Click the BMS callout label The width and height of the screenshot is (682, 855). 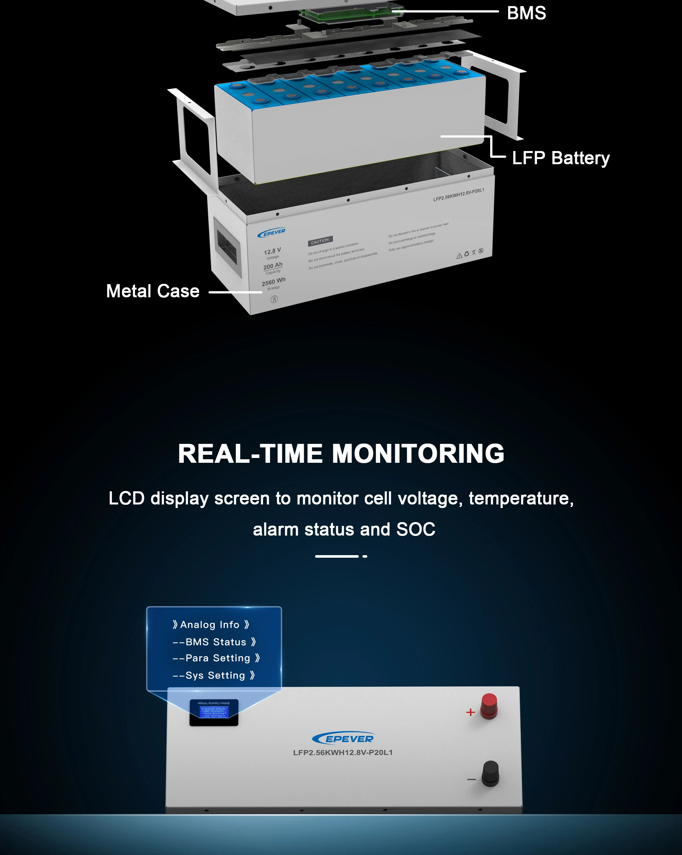[526, 13]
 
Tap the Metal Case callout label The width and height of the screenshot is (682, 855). [153, 291]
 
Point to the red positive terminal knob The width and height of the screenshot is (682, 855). [489, 706]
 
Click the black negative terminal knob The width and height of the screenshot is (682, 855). [490, 773]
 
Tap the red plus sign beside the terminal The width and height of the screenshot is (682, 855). [471, 713]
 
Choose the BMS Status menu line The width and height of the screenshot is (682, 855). [214, 642]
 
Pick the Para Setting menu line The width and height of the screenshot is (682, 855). [216, 658]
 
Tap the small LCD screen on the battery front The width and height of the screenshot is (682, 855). [214, 712]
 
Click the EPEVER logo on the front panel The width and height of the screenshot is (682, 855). [343, 738]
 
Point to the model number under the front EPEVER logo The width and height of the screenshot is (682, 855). [343, 752]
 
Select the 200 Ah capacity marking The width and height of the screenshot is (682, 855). [273, 266]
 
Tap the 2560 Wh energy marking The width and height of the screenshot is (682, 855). [273, 282]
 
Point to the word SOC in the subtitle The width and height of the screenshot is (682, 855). [415, 529]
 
